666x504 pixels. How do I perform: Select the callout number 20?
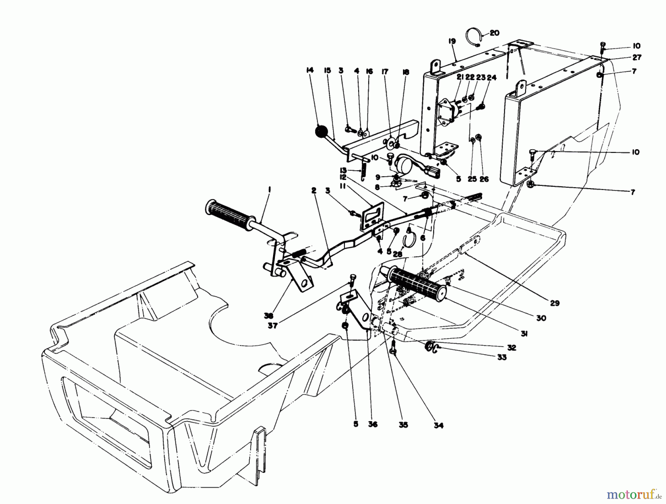(494, 33)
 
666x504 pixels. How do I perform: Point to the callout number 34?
(438, 425)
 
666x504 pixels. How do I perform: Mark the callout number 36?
(373, 424)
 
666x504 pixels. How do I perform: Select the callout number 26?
(484, 179)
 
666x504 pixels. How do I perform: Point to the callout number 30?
(541, 318)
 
